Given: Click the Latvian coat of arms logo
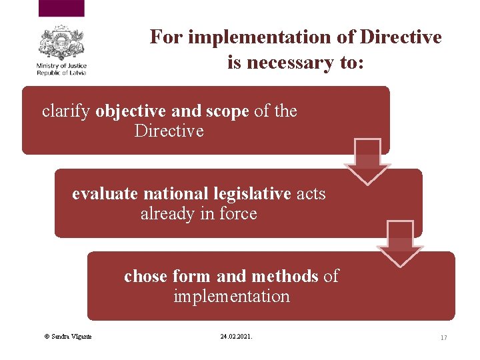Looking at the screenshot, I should click(61, 43).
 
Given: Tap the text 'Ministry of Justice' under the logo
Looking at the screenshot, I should click(61, 66).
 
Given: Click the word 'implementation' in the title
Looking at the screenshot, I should click(261, 37).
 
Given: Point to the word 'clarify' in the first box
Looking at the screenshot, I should click(66, 111).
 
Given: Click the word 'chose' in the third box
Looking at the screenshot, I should click(145, 276).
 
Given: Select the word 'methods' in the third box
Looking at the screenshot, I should click(284, 276).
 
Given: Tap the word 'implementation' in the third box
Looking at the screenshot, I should click(231, 296).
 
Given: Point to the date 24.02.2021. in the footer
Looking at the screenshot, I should click(236, 337).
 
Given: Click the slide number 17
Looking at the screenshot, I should click(443, 338).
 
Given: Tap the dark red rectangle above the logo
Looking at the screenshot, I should click(61, 8).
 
